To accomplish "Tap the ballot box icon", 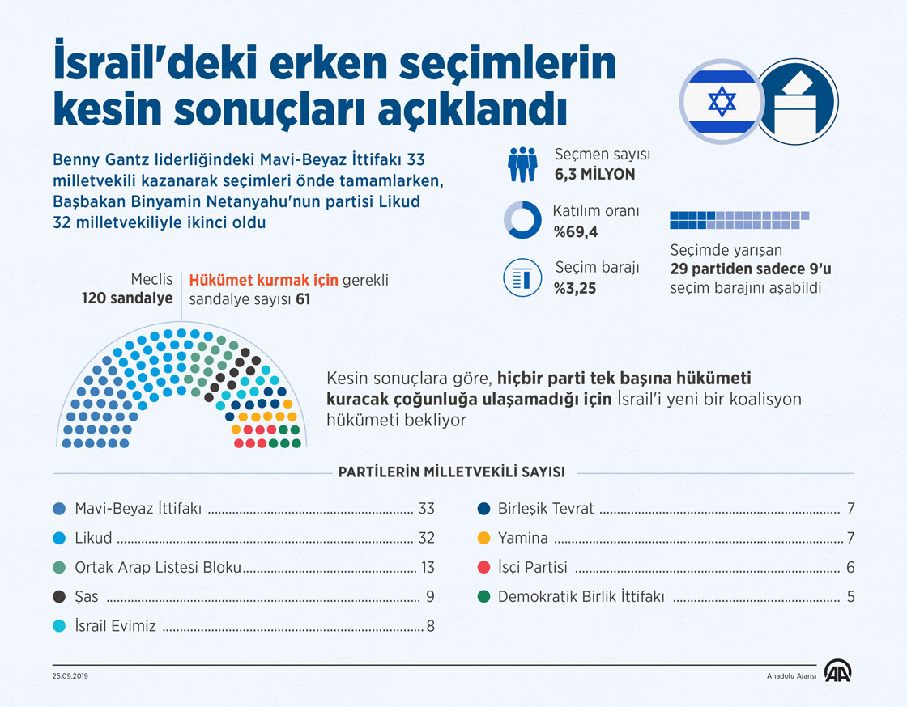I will point(797,102).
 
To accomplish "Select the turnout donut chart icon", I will point(522,220).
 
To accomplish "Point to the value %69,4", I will point(575,233).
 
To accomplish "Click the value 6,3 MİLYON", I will point(594,174).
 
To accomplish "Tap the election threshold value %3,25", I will point(575,287).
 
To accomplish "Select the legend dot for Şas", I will point(58,597).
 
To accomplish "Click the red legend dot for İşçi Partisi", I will point(484,568).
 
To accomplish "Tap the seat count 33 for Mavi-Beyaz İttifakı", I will point(426,509).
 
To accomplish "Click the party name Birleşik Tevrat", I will point(546,509).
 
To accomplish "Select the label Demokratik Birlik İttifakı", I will point(581,597).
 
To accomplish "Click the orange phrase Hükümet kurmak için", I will point(263,281).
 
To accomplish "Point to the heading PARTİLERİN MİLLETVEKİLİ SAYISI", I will point(451,472).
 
